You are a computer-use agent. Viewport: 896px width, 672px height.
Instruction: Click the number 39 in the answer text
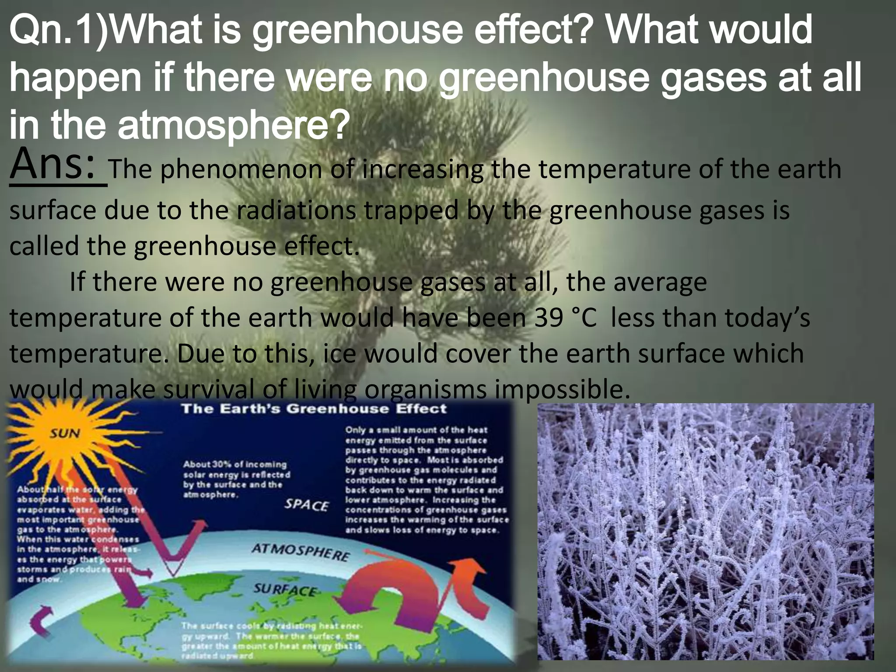tap(549, 318)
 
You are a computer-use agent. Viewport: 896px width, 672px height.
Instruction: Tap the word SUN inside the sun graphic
tap(64, 434)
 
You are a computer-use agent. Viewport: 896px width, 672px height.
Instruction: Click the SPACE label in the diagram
tap(306, 505)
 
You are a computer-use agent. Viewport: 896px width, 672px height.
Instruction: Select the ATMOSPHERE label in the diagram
tap(301, 553)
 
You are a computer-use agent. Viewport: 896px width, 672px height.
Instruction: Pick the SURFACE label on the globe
tap(285, 590)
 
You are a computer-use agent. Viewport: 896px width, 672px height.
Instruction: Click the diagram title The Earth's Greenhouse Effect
tap(314, 409)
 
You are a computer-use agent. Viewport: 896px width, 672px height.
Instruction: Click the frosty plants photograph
tap(705, 531)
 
